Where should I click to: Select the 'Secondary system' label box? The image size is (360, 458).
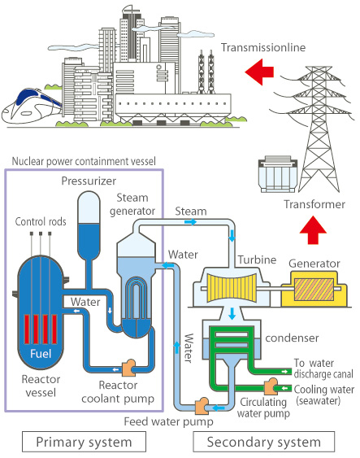click(263, 443)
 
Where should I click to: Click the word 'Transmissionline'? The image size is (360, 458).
click(263, 47)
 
